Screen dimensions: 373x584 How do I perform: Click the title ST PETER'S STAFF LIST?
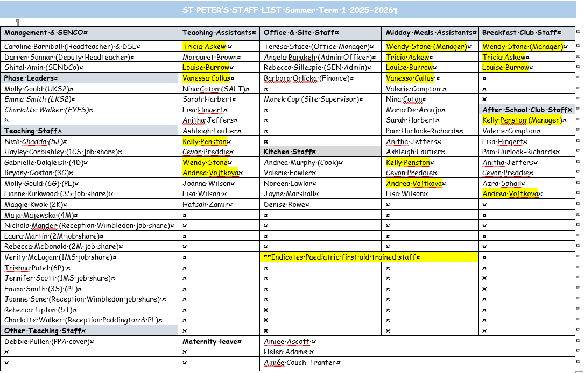pos(291,10)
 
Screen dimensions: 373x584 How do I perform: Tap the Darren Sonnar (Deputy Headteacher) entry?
pos(68,57)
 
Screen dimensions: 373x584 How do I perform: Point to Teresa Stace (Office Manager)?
pos(318,47)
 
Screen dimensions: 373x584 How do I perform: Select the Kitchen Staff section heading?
pos(289,152)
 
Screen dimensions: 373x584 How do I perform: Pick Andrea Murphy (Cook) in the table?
pos(301,162)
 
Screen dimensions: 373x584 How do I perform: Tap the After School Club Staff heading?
pos(526,110)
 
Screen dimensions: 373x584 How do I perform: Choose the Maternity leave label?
pos(211,341)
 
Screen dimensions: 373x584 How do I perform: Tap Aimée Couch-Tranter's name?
pos(301,362)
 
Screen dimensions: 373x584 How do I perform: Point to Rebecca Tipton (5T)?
pos(40,310)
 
